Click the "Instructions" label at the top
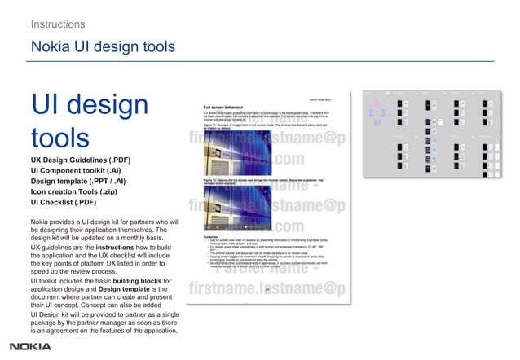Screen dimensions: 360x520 58,24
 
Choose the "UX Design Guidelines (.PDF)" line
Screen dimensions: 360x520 81,160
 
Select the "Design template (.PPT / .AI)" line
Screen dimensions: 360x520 78,181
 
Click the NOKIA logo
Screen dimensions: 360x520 30,346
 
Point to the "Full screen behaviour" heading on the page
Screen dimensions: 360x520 231,106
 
